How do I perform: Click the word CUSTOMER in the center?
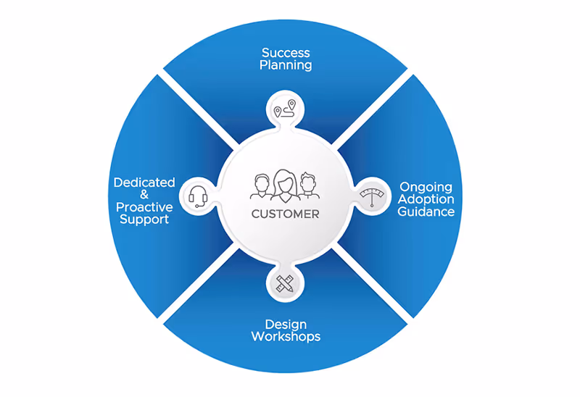[285, 214]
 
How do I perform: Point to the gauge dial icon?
[371, 196]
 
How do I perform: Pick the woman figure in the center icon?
[284, 185]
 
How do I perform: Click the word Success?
[286, 53]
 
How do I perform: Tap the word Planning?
[286, 65]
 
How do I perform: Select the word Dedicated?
[144, 183]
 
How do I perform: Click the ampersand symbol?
[144, 195]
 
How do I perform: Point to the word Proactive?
[144, 207]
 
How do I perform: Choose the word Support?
[144, 219]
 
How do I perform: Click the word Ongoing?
[426, 187]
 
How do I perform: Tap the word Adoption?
[426, 199]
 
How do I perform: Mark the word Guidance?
[426, 212]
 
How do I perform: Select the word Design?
[286, 324]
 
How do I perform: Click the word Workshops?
[286, 336]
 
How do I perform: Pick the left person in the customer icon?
[261, 187]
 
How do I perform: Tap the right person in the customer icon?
[309, 187]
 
